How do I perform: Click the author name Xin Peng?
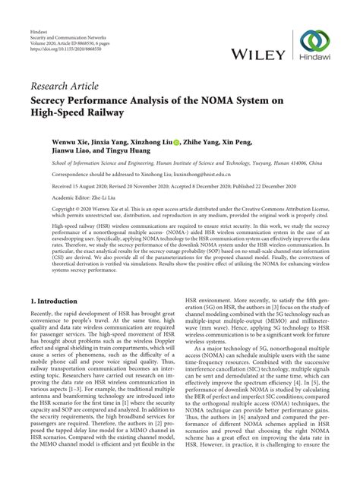[x=246, y=141]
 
